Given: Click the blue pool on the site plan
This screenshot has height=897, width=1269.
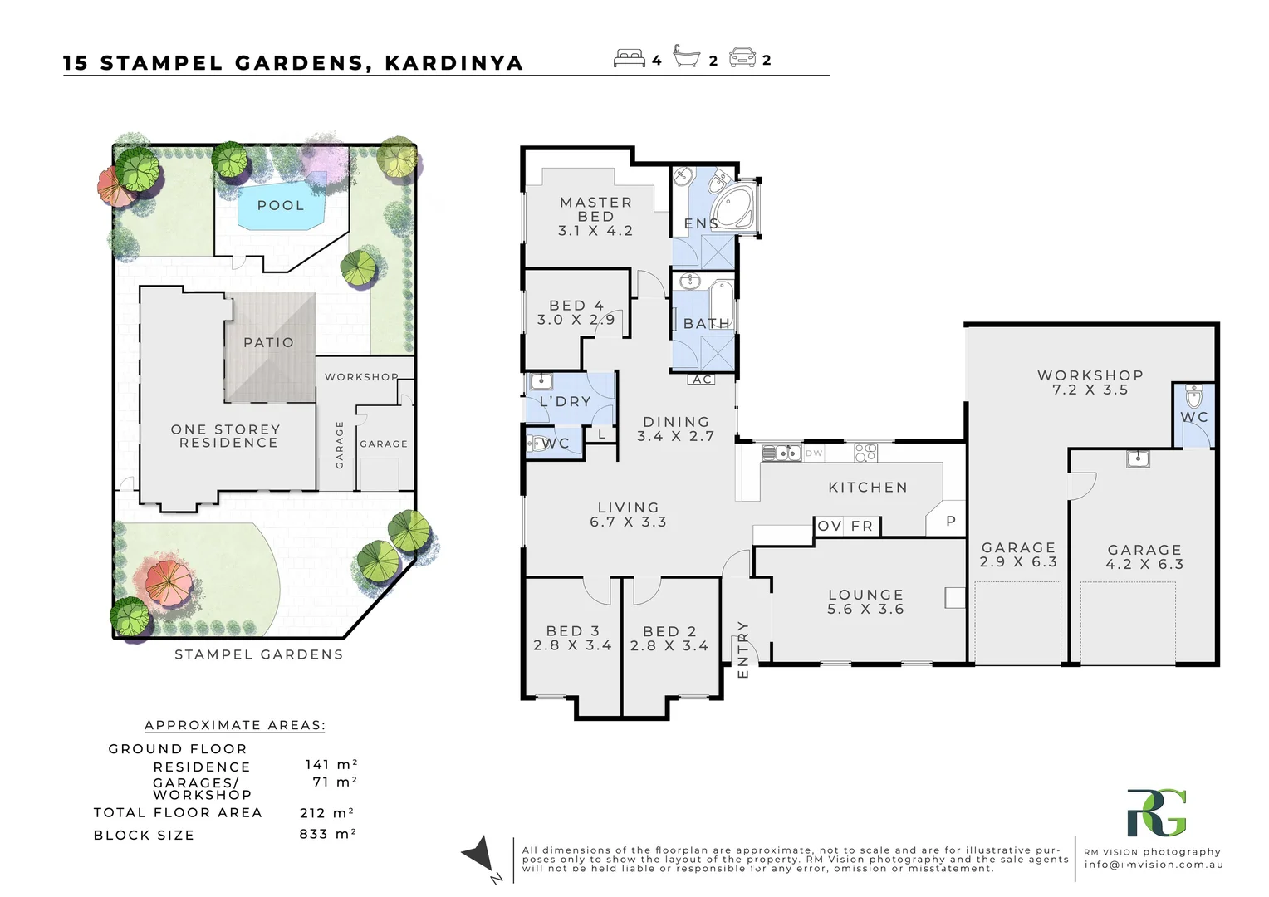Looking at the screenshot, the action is (x=282, y=205).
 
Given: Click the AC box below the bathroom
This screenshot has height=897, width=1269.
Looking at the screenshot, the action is (x=702, y=380).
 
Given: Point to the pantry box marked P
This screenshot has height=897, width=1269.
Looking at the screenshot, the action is (x=951, y=521).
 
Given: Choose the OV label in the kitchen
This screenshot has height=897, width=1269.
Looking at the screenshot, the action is (x=830, y=526).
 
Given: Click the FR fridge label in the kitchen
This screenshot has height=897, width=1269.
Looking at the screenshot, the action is (x=862, y=526).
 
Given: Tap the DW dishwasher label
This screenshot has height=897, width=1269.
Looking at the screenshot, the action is (x=814, y=453).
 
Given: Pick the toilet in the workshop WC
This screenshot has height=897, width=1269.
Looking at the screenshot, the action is (x=1193, y=397).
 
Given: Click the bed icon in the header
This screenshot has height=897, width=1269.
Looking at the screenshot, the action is (x=630, y=58).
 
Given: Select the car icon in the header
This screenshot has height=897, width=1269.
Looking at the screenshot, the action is (x=742, y=58).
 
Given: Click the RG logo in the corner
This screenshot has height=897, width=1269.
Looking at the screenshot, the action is (x=1157, y=812).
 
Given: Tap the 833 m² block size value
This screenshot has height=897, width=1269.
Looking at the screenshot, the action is (x=327, y=834).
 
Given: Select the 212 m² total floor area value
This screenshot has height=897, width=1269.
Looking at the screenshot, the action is (x=327, y=812).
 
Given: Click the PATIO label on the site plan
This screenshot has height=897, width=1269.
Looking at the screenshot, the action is (x=269, y=342).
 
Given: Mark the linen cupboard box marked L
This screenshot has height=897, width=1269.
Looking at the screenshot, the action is (x=601, y=434).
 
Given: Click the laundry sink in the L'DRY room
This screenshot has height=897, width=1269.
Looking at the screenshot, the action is (x=541, y=381).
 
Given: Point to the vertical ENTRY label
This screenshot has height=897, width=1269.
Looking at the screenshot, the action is (x=743, y=649).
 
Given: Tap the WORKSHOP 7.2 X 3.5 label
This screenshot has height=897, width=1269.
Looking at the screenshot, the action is (x=1090, y=383).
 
